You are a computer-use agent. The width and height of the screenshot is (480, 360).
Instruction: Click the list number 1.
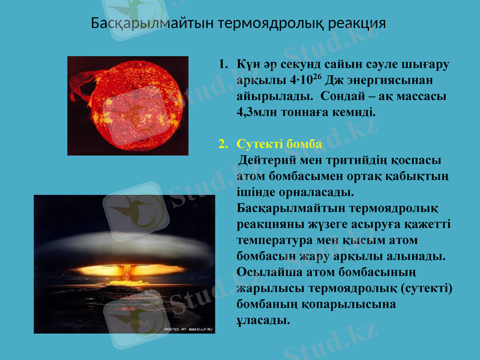tap(223, 64)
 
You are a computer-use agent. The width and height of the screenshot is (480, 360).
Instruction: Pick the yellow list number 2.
tap(223, 145)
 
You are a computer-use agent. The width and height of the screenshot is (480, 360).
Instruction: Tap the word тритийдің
tap(358, 160)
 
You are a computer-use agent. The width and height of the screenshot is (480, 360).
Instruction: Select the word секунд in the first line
tap(300, 64)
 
